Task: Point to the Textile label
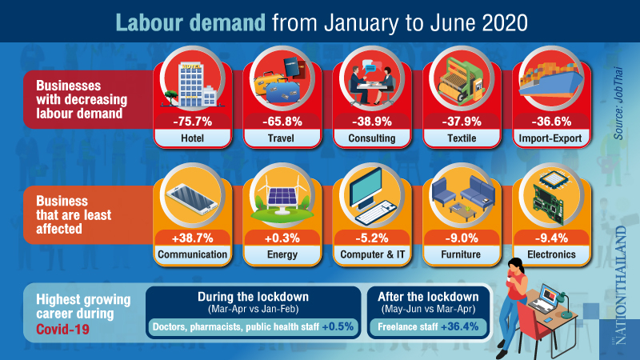(x=463, y=138)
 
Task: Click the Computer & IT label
(x=372, y=256)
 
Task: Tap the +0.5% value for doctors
(x=340, y=326)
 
